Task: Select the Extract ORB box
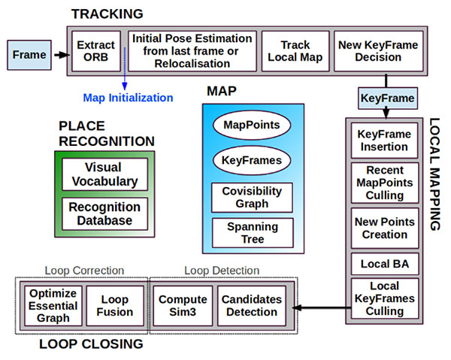[x=95, y=50]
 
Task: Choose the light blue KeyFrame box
[x=387, y=98]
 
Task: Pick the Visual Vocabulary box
[x=104, y=174]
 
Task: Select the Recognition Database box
[x=104, y=213]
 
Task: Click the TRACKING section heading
[x=107, y=14]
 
